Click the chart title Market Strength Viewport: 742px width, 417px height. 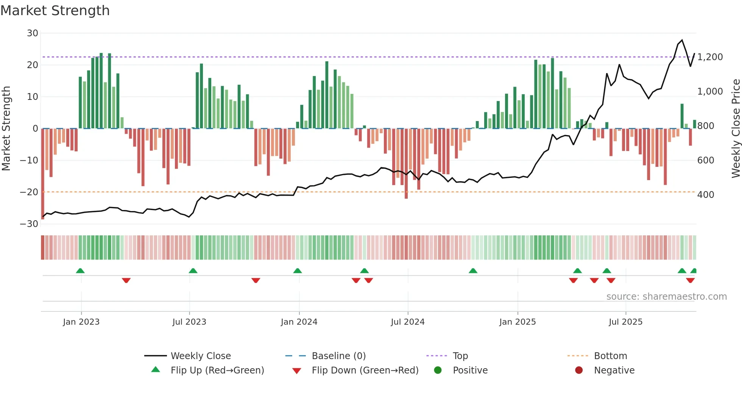coord(55,11)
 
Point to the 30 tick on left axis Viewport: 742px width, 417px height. coord(33,33)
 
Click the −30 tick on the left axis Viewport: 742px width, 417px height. coord(30,224)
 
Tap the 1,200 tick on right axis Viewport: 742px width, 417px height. coord(710,57)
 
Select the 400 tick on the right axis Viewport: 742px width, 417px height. coord(706,195)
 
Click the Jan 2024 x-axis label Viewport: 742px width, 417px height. coord(299,322)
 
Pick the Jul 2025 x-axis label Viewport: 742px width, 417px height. coord(625,322)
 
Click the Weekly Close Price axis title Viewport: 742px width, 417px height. coord(736,128)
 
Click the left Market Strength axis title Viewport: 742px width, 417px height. coord(6,128)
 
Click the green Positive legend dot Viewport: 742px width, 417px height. coord(438,370)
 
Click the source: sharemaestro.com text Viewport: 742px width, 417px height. coord(666,297)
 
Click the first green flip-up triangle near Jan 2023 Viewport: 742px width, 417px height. coord(80,271)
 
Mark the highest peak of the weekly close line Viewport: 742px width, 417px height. coord(682,40)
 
